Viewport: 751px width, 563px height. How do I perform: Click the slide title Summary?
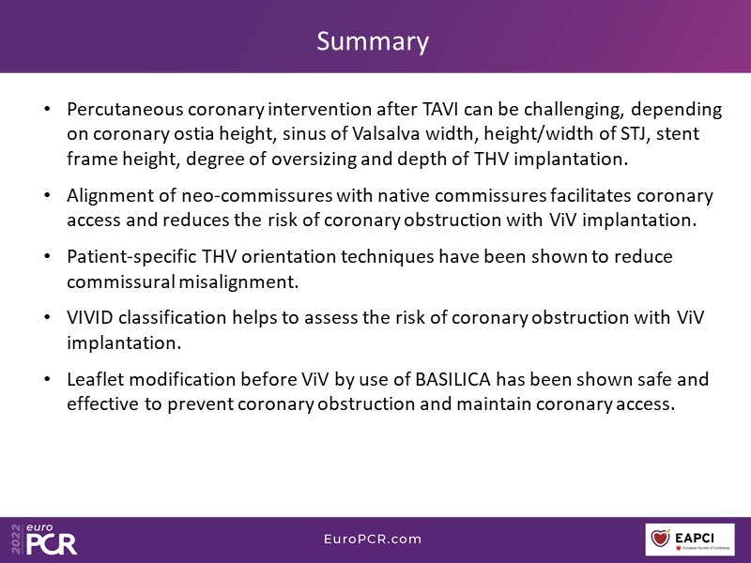(373, 41)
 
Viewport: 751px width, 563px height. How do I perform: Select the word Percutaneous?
(125, 109)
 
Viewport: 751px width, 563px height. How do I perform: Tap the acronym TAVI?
(440, 109)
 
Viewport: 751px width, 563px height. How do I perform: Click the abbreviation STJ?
(636, 133)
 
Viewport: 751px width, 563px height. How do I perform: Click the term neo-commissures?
(256, 195)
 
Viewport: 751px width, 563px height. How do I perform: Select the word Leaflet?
(95, 379)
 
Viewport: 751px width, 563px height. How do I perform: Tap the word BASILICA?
(453, 379)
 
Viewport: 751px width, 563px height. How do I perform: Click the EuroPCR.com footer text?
(373, 539)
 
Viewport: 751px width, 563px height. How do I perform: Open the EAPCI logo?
(690, 540)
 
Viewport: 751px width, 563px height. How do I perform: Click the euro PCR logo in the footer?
(44, 539)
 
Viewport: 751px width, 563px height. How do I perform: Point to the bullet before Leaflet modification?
(47, 379)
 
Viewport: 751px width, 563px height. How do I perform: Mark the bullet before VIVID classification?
(47, 317)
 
